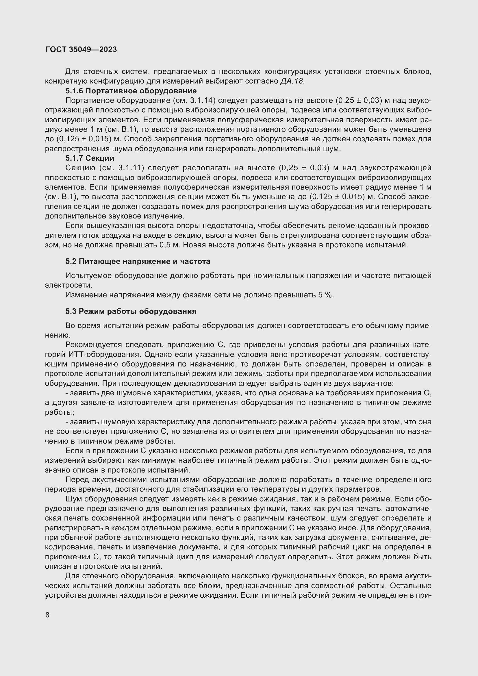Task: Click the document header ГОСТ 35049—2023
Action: [x=81, y=49]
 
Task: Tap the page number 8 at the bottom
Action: [x=47, y=615]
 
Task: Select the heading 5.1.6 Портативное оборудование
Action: [x=131, y=91]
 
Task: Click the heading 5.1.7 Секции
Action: [x=90, y=158]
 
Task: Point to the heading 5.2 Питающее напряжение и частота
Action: [x=138, y=261]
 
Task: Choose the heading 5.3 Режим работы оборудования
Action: [x=131, y=311]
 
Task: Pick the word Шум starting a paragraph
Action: [x=73, y=499]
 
